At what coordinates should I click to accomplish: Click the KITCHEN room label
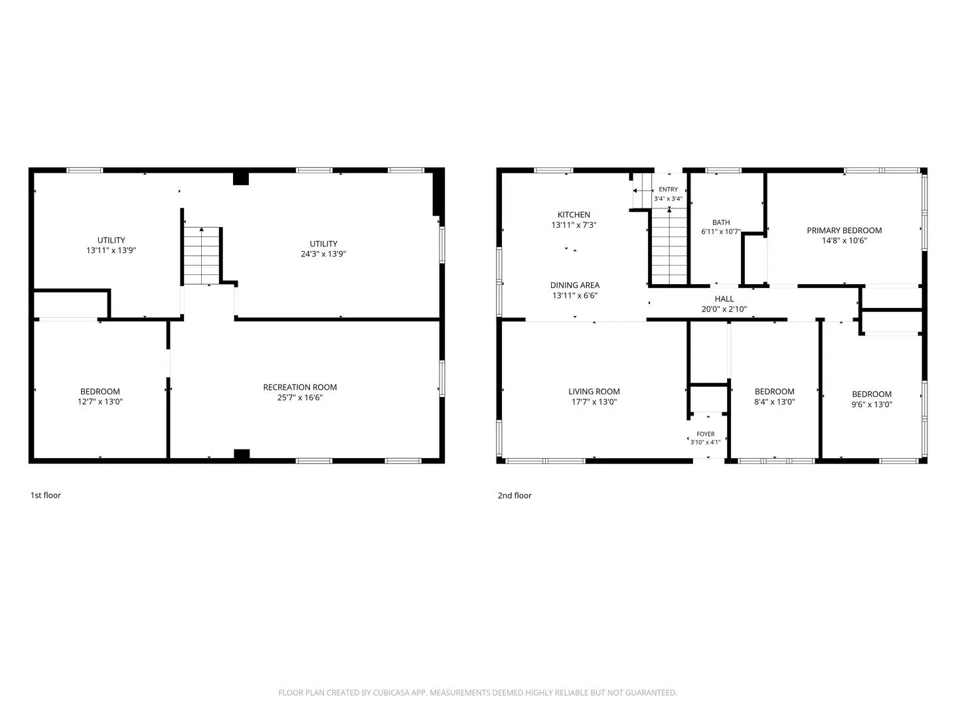pos(573,214)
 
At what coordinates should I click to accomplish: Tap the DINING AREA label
pos(574,285)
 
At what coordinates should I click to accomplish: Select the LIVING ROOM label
pos(594,392)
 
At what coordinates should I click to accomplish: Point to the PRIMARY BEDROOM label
pos(844,230)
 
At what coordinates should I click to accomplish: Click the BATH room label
pos(721,222)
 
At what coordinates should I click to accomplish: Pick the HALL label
pos(724,299)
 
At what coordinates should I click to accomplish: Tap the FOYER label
pos(705,434)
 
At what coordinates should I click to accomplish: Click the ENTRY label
pos(668,189)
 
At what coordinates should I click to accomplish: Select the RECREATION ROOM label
pos(299,387)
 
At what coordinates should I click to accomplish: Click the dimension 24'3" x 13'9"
pos(323,254)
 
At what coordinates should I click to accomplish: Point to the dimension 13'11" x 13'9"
pos(111,250)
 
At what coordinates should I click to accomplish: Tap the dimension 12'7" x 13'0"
pos(100,402)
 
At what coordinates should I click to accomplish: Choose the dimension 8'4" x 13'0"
pos(774,402)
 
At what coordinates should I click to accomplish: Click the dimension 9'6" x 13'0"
pos(871,404)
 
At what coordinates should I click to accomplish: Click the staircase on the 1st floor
pos(201,256)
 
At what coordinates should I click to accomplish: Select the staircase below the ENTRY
pos(669,246)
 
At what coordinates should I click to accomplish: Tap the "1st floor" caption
pos(45,495)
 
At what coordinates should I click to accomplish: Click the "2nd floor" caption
pos(514,495)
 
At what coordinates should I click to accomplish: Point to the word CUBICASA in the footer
pos(390,692)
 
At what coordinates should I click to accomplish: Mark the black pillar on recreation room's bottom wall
pos(241,454)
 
